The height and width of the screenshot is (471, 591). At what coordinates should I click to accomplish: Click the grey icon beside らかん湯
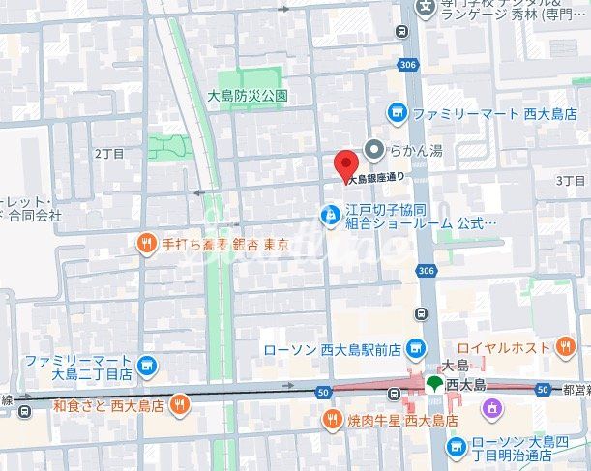click(373, 149)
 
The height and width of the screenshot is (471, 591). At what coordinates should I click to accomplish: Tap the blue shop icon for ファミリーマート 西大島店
click(396, 113)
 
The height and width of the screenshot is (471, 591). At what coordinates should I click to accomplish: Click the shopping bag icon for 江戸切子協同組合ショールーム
click(330, 213)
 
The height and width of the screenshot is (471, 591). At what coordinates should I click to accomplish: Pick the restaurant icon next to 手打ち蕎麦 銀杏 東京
click(146, 244)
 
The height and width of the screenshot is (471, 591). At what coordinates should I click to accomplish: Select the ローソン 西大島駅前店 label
click(333, 348)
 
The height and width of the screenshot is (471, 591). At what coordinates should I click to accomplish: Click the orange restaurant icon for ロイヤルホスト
click(565, 347)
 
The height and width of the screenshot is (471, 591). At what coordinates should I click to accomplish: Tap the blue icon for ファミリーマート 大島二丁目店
click(146, 366)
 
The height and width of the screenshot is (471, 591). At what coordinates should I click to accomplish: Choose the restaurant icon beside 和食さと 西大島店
click(179, 406)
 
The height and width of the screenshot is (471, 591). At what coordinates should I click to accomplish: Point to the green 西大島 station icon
click(434, 385)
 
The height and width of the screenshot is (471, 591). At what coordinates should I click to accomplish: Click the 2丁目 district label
click(110, 153)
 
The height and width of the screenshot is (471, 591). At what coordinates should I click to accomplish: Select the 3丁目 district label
click(572, 180)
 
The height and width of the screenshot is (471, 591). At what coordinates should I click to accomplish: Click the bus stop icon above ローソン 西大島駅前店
click(421, 313)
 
